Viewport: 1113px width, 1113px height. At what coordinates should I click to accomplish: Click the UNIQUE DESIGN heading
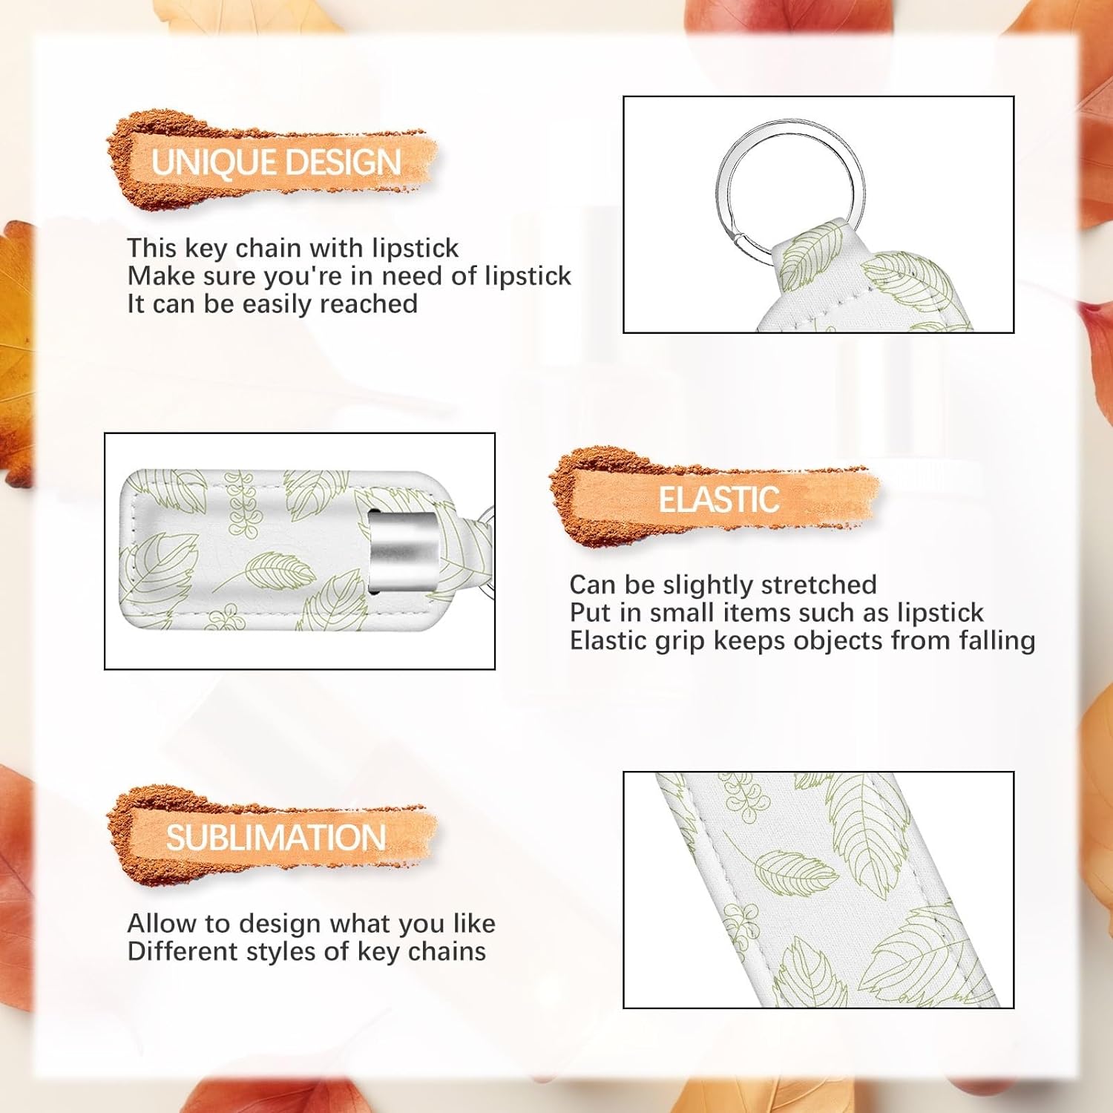pyautogui.click(x=276, y=162)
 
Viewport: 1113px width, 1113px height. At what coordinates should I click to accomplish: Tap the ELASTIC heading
pyautogui.click(x=719, y=499)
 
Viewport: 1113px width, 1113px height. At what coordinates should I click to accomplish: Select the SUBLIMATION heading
pyautogui.click(x=275, y=838)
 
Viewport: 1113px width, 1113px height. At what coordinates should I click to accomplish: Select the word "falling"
pyautogui.click(x=997, y=641)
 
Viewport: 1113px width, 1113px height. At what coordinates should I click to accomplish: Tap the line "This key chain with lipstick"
pyautogui.click(x=293, y=248)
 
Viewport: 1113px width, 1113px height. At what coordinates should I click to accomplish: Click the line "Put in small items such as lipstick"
pyautogui.click(x=776, y=613)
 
